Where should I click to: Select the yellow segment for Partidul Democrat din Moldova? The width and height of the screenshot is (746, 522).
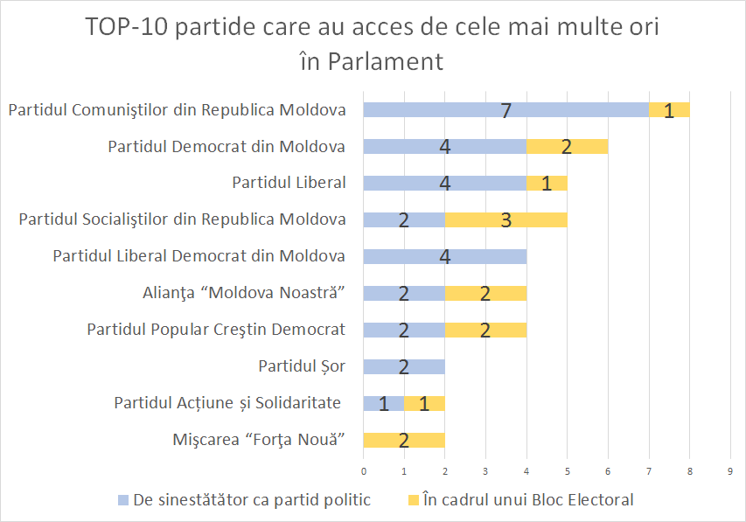tap(567, 147)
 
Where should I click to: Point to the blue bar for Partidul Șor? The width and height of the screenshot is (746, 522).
tap(404, 366)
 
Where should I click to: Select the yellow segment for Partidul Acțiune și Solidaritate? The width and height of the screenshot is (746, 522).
tap(424, 403)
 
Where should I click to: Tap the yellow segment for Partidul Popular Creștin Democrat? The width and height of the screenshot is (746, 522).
tap(485, 330)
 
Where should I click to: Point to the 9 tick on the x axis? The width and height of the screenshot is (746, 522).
tap(730, 472)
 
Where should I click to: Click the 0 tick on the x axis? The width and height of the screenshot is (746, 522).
tap(364, 472)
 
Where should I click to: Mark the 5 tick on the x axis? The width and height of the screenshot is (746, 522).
tap(568, 472)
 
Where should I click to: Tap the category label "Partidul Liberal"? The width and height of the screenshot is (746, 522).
tap(289, 183)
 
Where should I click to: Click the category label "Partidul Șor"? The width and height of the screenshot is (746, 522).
tap(302, 366)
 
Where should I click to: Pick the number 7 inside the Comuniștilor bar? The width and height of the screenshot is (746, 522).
tap(505, 111)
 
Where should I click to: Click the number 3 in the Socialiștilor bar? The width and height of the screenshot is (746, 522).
tap(505, 220)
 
